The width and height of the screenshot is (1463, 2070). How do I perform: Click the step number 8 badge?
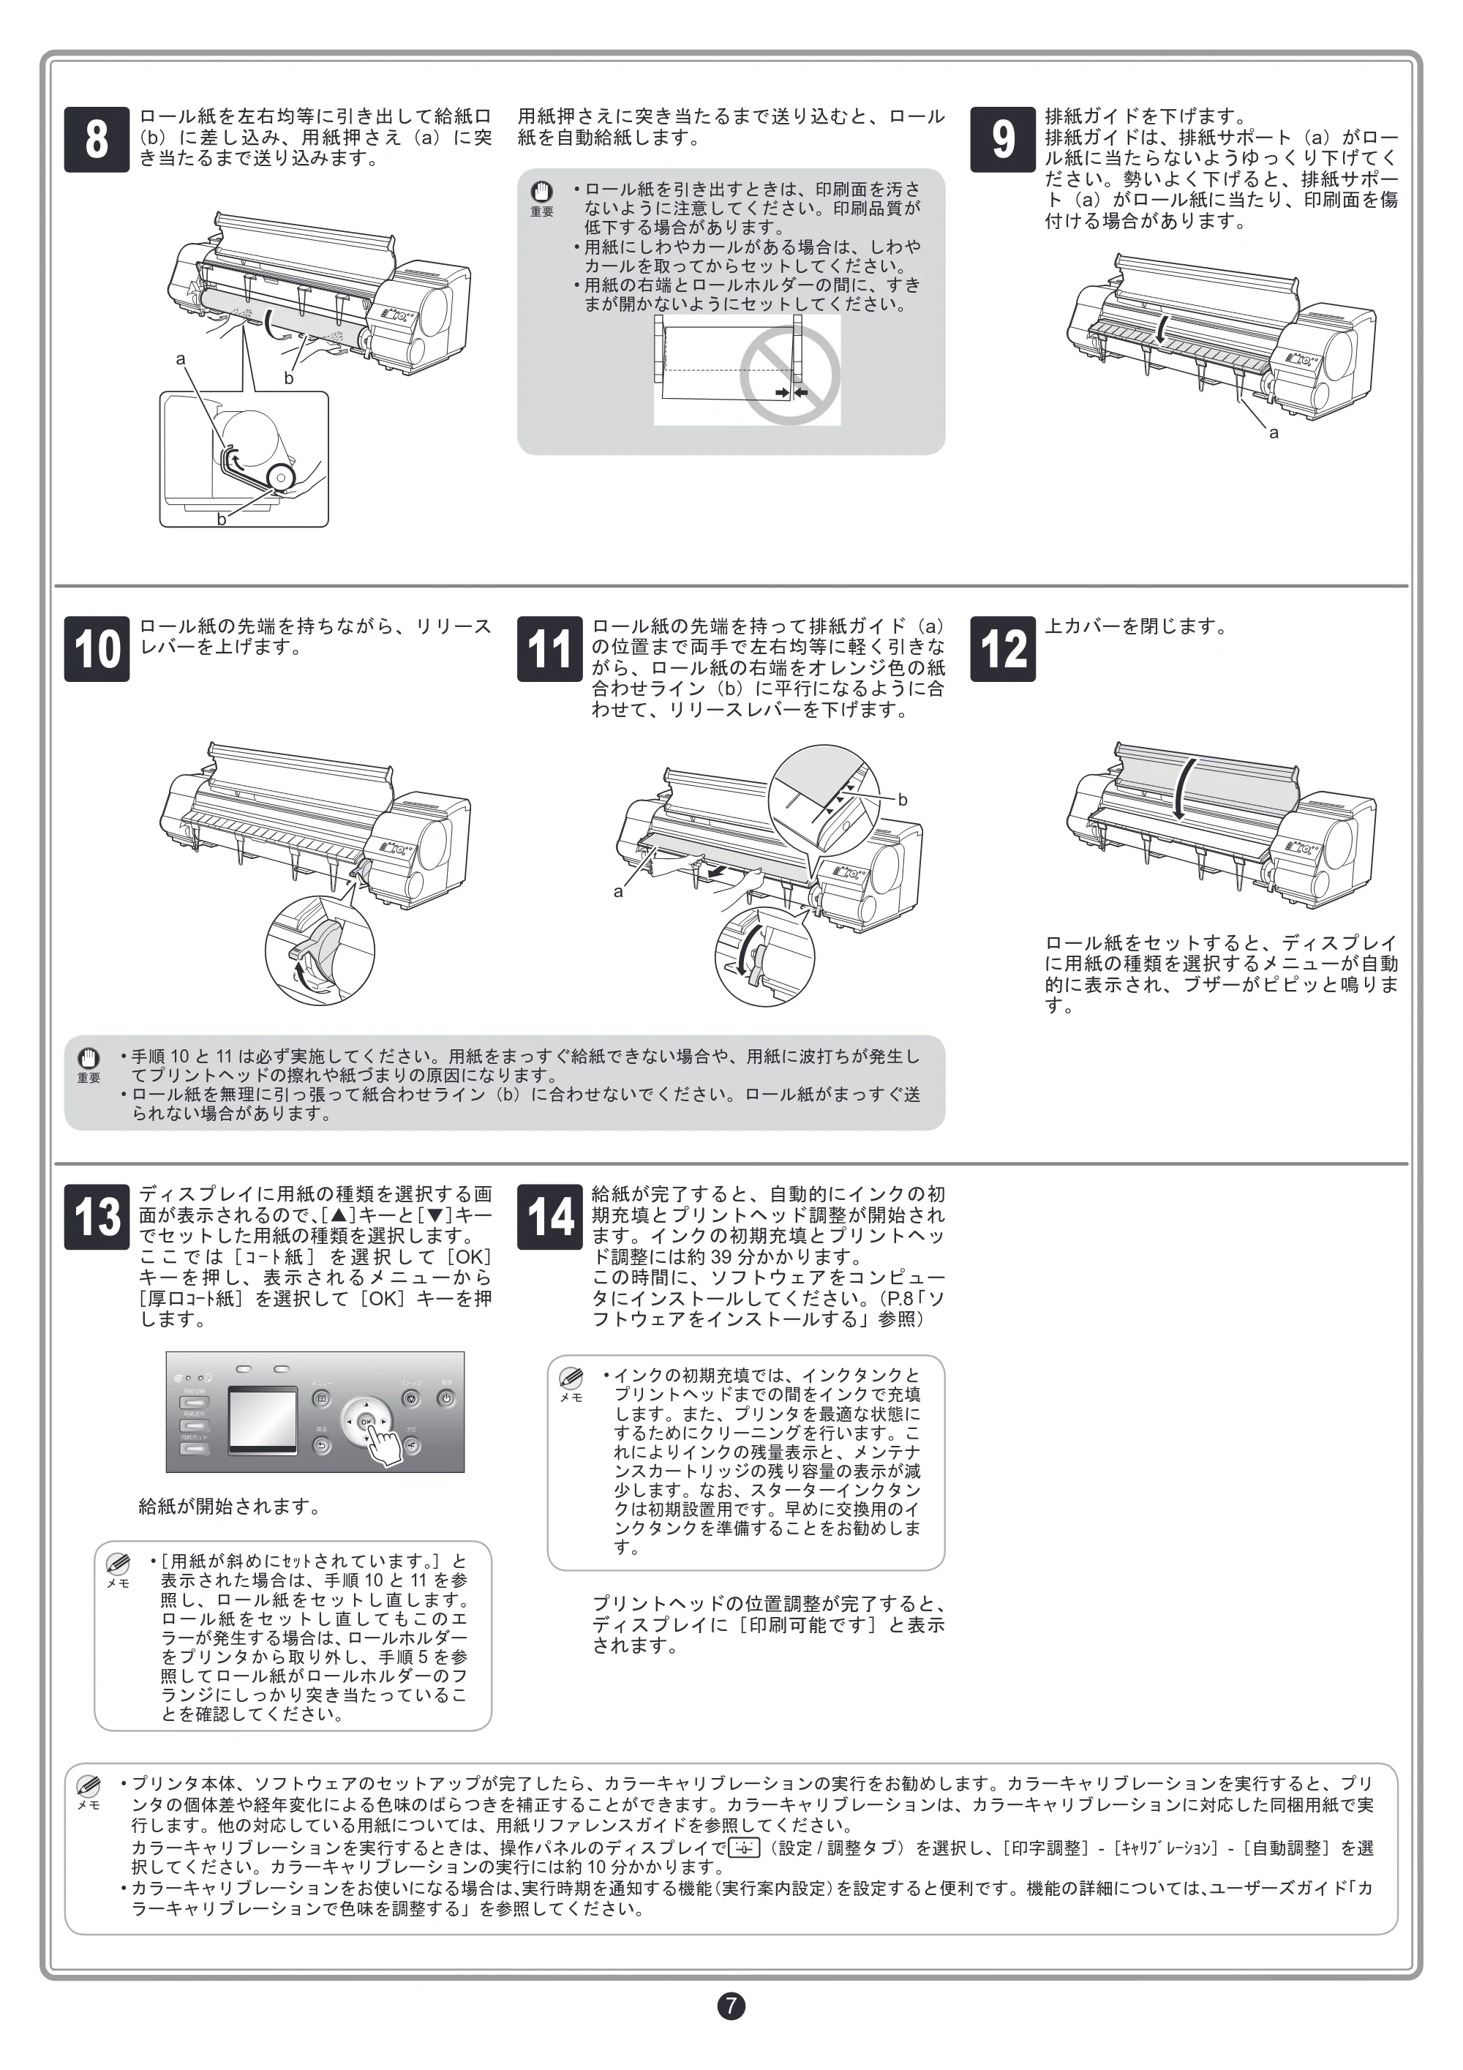(97, 139)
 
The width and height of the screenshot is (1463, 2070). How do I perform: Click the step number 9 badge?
(1002, 139)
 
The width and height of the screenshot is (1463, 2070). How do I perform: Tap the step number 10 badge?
(97, 648)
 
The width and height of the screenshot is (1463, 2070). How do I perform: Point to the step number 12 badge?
(1002, 648)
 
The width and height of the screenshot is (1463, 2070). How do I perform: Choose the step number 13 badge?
(97, 1217)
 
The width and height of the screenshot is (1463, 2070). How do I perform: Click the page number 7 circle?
(731, 2006)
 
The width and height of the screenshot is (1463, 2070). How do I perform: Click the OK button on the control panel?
(366, 1422)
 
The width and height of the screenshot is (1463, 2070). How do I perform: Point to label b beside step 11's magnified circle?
(903, 800)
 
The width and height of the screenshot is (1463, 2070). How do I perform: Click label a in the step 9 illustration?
(1274, 432)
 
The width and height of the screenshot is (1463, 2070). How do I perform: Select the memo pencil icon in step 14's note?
(571, 1379)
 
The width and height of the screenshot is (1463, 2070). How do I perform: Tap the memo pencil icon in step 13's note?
(118, 1564)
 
